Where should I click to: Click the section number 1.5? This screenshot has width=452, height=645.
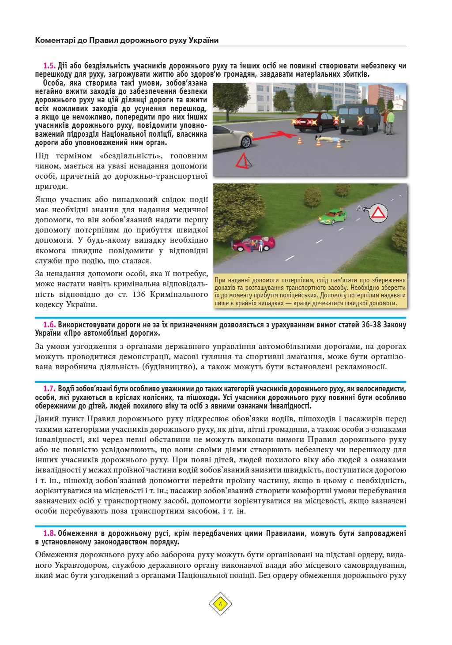49,66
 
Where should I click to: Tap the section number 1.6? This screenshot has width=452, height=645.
49,325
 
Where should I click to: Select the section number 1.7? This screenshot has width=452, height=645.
49,389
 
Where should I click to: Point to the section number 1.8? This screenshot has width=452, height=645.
49,533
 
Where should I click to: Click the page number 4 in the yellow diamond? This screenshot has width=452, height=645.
220,604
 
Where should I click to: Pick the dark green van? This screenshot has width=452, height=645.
358,118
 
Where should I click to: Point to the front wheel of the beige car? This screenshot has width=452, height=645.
244,141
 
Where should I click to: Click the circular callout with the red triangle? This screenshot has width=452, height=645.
378,214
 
